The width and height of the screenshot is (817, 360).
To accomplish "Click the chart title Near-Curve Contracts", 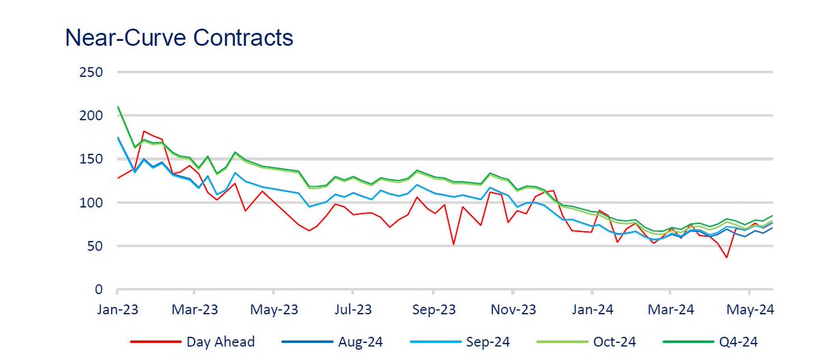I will (x=179, y=37).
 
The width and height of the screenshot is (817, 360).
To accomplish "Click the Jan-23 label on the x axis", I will (x=118, y=310).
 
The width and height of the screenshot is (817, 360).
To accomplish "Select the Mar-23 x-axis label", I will (x=195, y=310).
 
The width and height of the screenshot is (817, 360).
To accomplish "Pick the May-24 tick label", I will (x=750, y=310).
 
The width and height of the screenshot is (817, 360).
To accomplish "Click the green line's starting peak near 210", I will (x=118, y=107).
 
